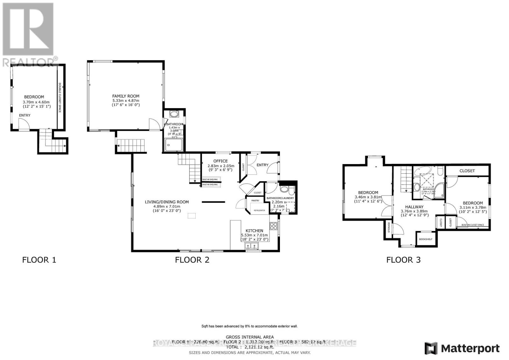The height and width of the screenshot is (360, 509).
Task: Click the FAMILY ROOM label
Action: (126, 96)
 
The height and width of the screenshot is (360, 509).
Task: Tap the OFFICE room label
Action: (220, 161)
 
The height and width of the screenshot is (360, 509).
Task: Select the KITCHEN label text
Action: (254, 231)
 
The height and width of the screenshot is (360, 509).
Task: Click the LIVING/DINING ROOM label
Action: (167, 202)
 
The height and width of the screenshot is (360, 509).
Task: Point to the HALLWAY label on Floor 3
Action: (414, 207)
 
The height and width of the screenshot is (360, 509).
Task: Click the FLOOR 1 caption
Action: (39, 260)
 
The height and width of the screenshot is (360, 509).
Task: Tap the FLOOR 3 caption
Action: (403, 260)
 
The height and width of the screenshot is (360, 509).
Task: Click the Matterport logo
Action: (462, 349)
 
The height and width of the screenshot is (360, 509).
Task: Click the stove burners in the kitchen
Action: (274, 226)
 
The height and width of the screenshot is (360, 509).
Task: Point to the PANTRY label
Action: (255, 201)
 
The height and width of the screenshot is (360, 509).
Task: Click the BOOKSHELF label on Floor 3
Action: (426, 239)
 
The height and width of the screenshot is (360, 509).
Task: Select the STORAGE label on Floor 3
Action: (389, 227)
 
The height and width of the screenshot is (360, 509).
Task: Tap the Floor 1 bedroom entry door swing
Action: (24, 124)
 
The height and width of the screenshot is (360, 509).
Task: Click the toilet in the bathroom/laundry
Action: (284, 190)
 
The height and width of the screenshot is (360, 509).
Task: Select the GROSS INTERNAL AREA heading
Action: (249, 337)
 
